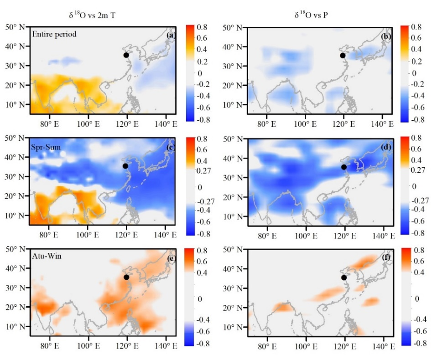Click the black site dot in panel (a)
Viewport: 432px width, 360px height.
point(126,55)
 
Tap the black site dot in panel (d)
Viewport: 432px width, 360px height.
point(344,167)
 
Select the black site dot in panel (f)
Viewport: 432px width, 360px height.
point(344,278)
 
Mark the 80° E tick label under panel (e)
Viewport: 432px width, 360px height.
point(47,347)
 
